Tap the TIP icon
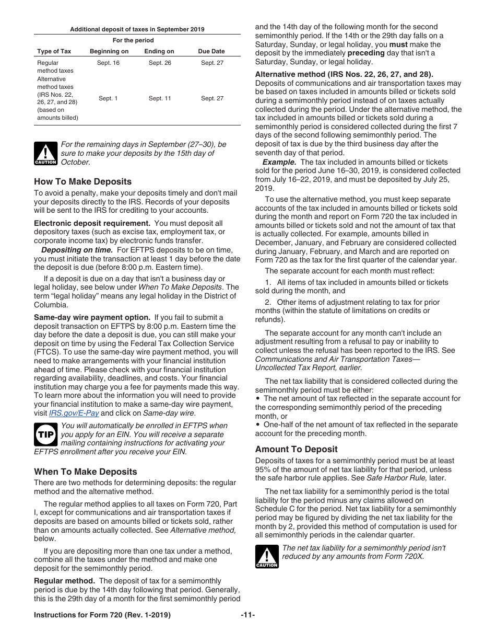[x=45, y=434]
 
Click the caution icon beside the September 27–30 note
[x=45, y=153]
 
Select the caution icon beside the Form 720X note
[x=267, y=556]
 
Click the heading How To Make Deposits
[x=82, y=182]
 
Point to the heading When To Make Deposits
[x=86, y=472]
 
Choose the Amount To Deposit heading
[x=296, y=449]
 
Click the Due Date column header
[x=211, y=51]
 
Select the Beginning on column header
[x=109, y=51]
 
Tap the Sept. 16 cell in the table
[x=108, y=63]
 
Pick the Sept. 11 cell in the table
[x=160, y=98]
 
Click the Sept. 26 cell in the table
[x=160, y=63]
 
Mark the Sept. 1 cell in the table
[x=108, y=98]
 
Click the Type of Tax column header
[x=54, y=51]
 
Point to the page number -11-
[x=248, y=615]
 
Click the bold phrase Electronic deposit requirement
[x=92, y=223]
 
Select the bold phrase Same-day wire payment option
[x=92, y=317]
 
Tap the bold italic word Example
[x=279, y=162]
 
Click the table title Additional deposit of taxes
[x=137, y=29]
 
